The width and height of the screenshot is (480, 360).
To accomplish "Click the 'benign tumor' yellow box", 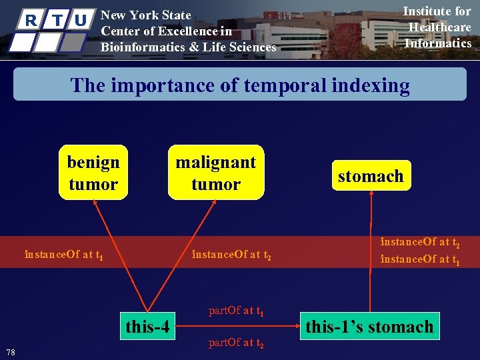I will coord(93,173).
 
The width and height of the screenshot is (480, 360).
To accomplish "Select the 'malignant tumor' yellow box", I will coord(215,173).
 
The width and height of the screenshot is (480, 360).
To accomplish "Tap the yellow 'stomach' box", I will coord(371,176).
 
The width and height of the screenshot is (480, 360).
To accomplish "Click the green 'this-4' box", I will coord(148,327).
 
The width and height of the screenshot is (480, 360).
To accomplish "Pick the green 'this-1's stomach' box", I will coord(369,327).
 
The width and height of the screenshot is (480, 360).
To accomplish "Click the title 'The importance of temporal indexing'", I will coord(240,85).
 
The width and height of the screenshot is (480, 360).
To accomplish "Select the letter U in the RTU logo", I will coord(80,21).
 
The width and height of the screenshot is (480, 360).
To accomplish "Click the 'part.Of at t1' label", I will coord(236,310).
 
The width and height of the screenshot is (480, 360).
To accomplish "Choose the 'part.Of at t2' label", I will coord(236,343).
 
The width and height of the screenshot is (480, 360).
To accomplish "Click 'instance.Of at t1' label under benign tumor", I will coord(63,254).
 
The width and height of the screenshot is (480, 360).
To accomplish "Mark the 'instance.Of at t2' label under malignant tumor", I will coord(231,254).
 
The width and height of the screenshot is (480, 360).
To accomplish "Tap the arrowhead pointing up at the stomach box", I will coord(371,195).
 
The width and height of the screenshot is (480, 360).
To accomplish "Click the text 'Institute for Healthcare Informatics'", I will coord(438,27).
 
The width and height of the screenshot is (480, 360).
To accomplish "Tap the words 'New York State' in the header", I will coord(145,15).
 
